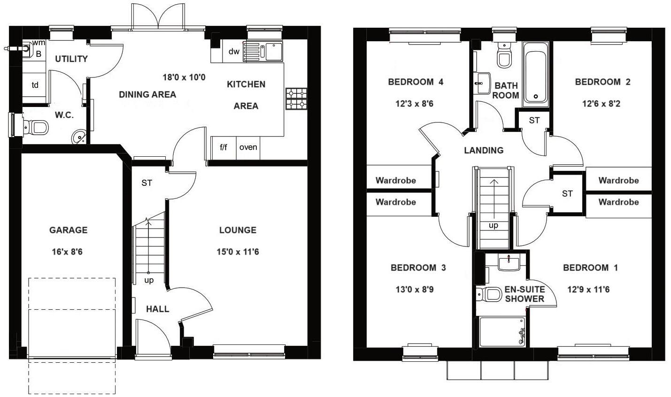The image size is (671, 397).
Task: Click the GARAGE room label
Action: click(x=69, y=230)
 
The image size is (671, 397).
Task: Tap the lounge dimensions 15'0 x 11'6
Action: click(x=238, y=252)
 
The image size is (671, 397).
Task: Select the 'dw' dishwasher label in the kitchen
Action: click(x=234, y=52)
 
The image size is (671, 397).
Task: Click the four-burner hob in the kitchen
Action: click(x=296, y=99)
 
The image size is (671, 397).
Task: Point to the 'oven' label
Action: click(x=248, y=147)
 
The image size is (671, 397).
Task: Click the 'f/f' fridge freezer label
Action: click(x=224, y=147)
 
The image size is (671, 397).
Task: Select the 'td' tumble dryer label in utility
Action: click(x=35, y=85)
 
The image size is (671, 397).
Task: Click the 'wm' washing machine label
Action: click(x=39, y=43)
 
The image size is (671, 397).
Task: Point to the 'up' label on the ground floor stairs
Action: click(x=149, y=281)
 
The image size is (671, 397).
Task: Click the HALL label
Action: click(x=157, y=309)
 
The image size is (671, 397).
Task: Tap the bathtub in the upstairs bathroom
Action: click(x=535, y=73)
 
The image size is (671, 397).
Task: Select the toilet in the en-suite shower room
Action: click(x=490, y=294)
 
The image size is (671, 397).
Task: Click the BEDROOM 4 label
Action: click(x=416, y=82)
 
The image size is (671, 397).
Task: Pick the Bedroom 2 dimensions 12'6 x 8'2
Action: click(x=601, y=104)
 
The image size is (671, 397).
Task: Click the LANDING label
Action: click(x=484, y=150)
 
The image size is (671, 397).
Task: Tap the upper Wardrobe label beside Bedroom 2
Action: click(x=618, y=180)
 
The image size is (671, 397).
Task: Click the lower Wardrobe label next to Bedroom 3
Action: click(x=396, y=202)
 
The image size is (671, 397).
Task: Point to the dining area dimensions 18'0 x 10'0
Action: click(x=184, y=77)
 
